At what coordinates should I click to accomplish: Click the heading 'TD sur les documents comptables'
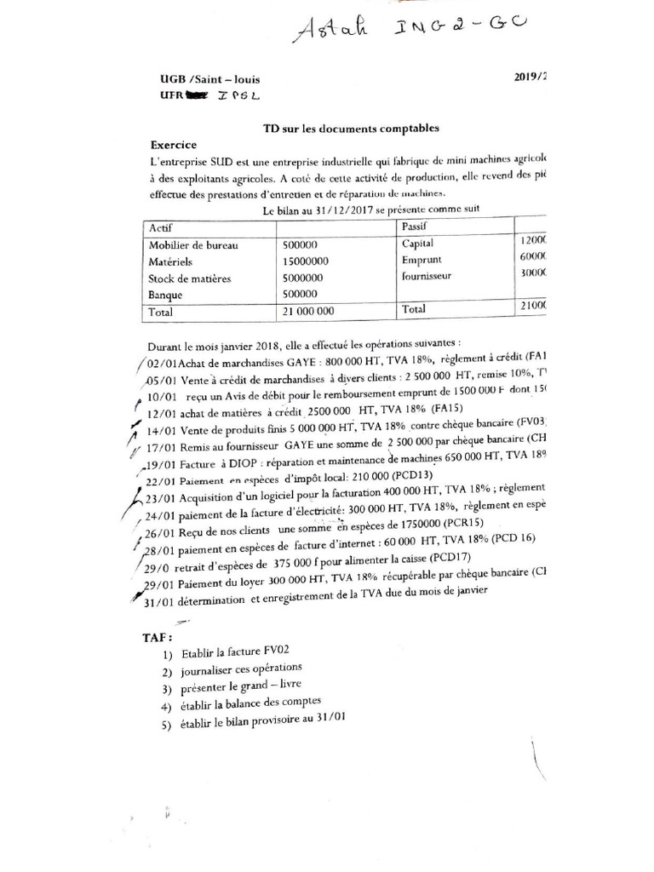pyautogui.click(x=350, y=128)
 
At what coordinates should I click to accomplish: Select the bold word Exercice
pyautogui.click(x=174, y=145)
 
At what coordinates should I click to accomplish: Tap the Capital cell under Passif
pyautogui.click(x=418, y=244)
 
